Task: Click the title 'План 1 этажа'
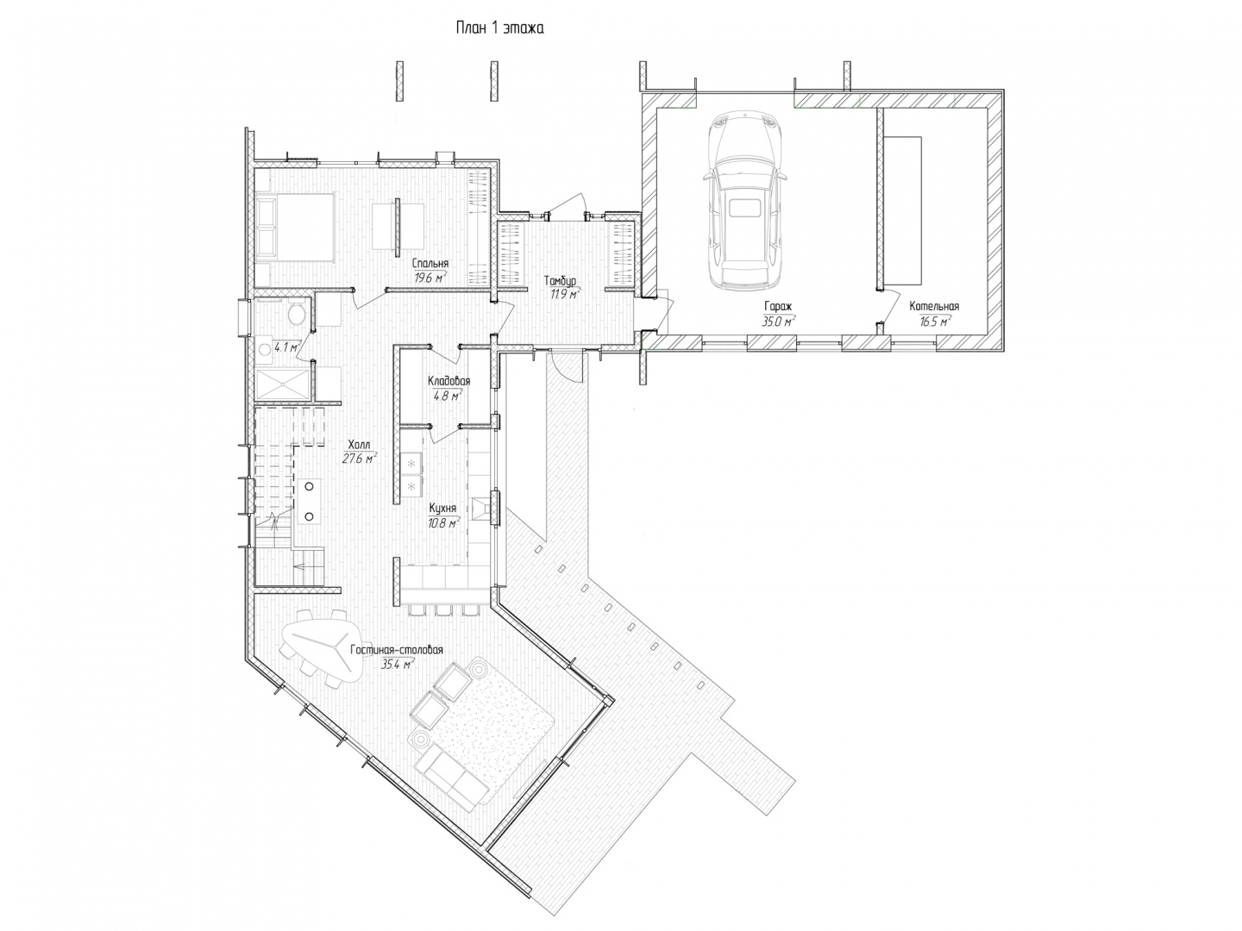pos(499,28)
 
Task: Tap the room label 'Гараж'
pos(777,306)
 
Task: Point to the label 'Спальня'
pos(430,264)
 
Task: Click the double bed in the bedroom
pos(295,228)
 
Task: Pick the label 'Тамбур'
pos(560,280)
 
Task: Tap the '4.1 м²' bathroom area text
pos(286,347)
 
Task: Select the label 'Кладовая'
pos(448,381)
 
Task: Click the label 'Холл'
pos(359,444)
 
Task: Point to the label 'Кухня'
pos(442,509)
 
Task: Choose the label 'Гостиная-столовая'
pos(396,649)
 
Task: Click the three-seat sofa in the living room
pos(451,776)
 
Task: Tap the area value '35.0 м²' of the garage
pos(777,322)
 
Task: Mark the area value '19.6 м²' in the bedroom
pos(430,278)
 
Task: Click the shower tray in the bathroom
pos(282,385)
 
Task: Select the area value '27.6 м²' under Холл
pos(359,459)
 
